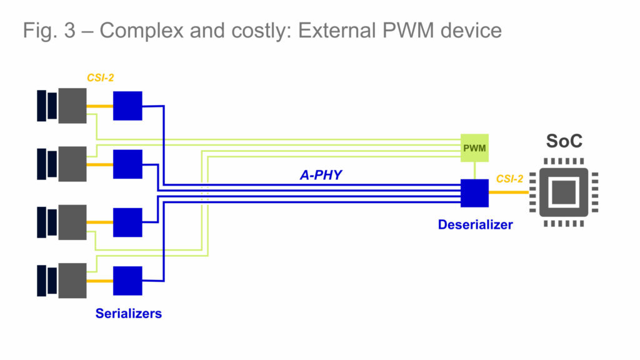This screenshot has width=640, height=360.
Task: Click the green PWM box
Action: (x=474, y=148)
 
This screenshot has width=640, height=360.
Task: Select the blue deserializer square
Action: (x=474, y=193)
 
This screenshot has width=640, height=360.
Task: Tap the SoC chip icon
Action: (x=564, y=192)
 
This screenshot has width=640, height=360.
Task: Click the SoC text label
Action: (x=564, y=141)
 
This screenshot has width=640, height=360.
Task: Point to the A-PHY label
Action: (x=321, y=175)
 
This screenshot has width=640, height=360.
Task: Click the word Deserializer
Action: (x=475, y=224)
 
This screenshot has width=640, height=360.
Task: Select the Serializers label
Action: (x=128, y=313)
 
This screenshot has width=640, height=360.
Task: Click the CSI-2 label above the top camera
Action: (x=100, y=78)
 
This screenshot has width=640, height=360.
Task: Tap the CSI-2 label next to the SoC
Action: (x=511, y=179)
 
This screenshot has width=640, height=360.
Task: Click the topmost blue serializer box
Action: (x=127, y=106)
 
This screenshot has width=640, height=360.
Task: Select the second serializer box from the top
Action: (x=127, y=164)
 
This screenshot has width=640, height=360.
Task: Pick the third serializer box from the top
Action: (x=127, y=222)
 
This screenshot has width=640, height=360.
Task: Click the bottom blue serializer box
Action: (x=127, y=280)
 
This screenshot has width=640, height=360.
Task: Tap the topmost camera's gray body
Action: (x=72, y=106)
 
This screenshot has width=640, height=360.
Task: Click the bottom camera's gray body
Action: (x=72, y=280)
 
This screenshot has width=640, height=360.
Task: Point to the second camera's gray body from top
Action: (x=72, y=164)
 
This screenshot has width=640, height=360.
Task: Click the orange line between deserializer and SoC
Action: (x=508, y=192)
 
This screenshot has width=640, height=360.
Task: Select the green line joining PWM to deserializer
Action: (x=474, y=171)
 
